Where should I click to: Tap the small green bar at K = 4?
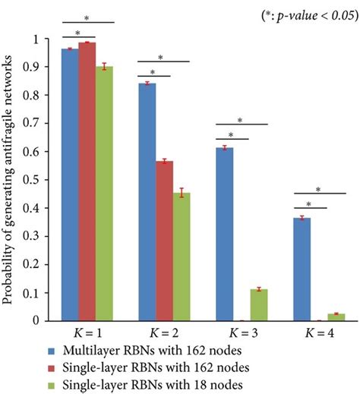coord(336,317)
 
